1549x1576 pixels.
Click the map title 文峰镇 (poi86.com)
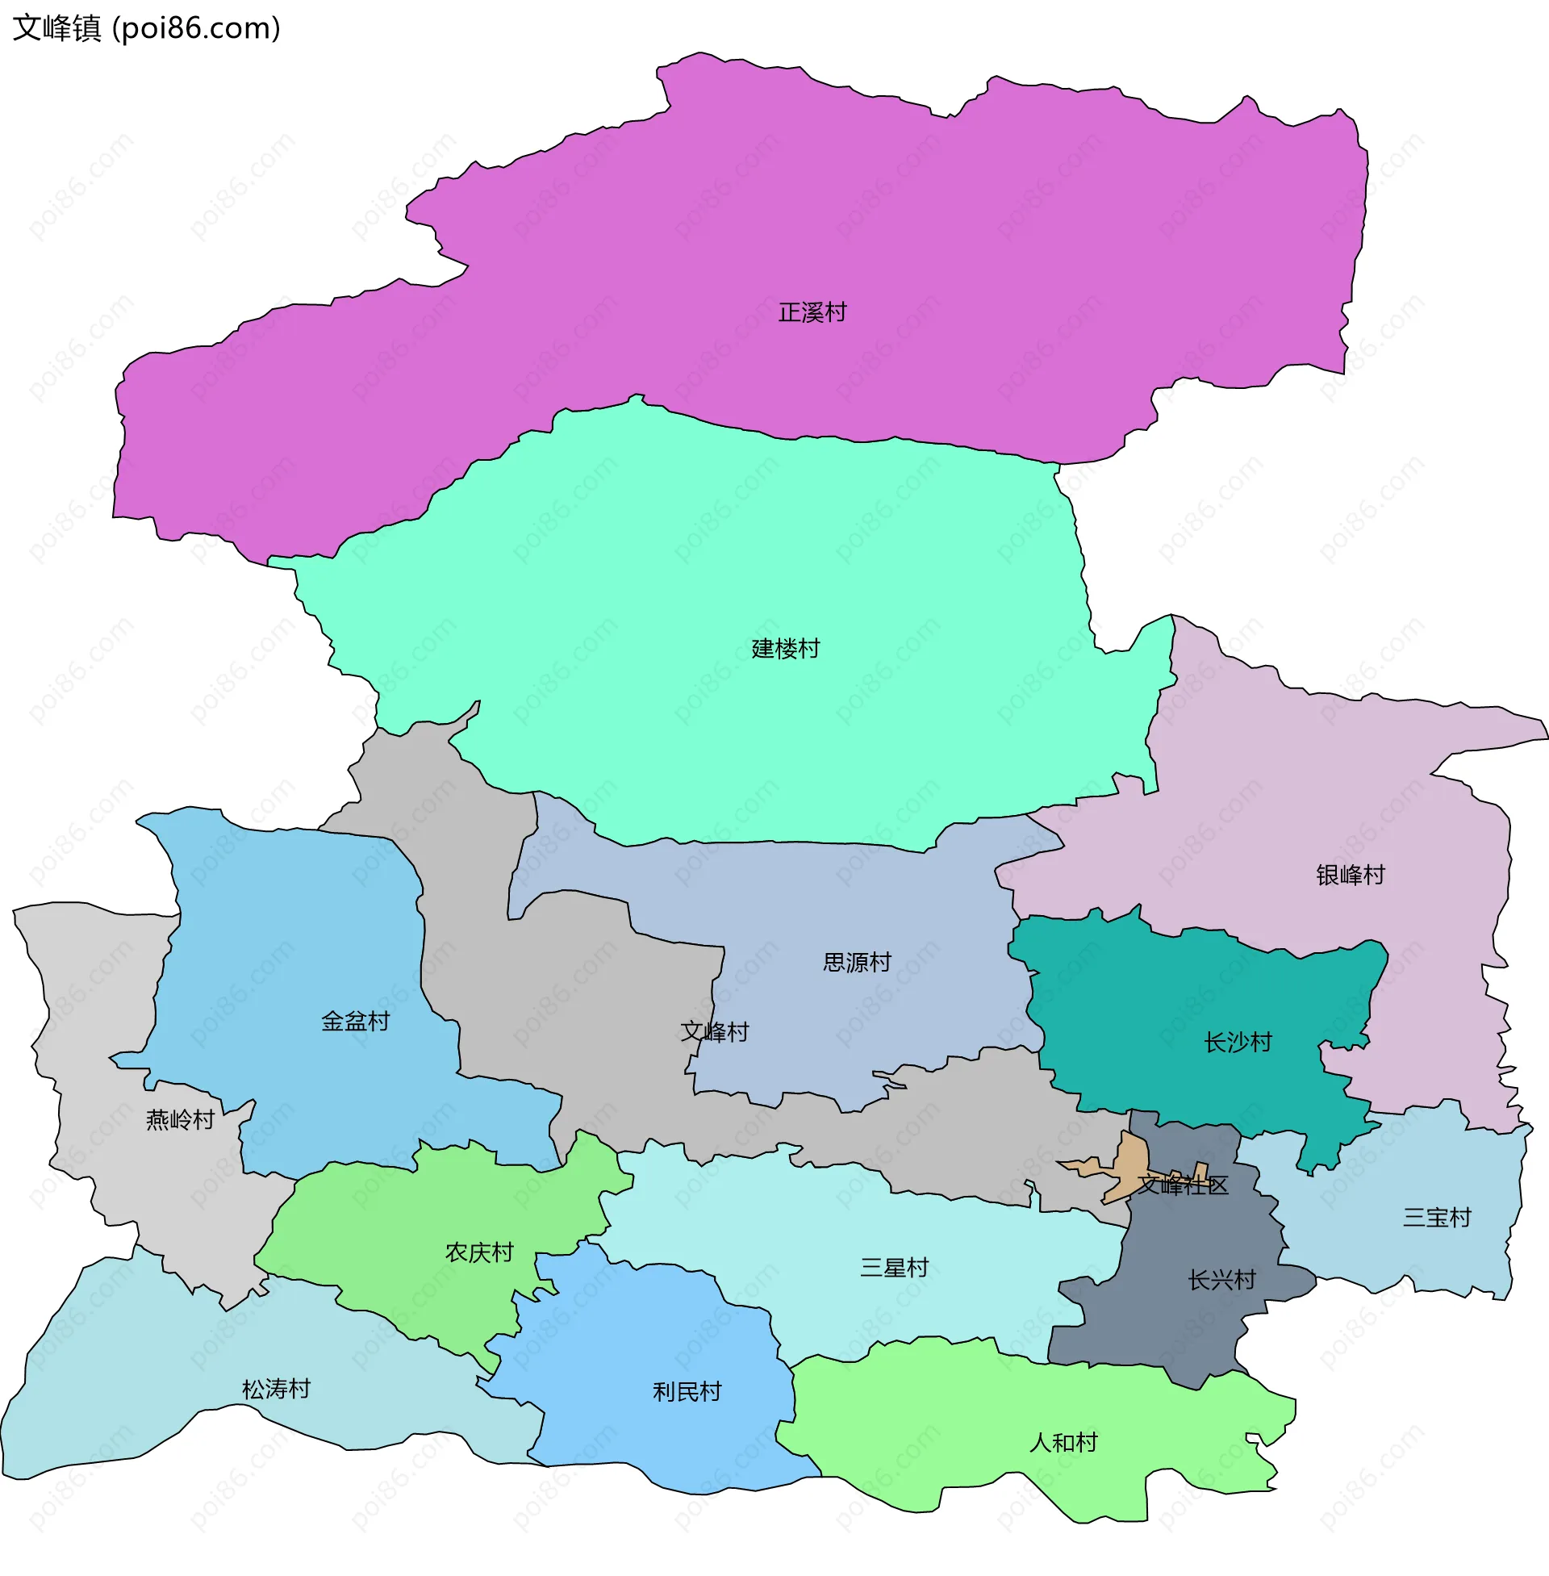(x=147, y=28)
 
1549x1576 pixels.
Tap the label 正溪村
(x=812, y=312)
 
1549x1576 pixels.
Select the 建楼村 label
(x=785, y=649)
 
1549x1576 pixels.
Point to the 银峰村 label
(x=1350, y=875)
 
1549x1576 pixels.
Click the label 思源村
(x=857, y=963)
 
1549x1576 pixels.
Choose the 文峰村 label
(x=714, y=1031)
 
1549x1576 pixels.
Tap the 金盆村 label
(x=356, y=1021)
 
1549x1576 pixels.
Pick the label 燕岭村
(x=180, y=1120)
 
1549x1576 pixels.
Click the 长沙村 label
(x=1238, y=1043)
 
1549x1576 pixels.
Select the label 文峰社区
(x=1182, y=1185)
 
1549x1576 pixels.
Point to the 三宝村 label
(x=1437, y=1217)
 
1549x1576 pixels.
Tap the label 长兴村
(x=1221, y=1280)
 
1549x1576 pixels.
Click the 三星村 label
(x=894, y=1268)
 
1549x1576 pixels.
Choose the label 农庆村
(x=479, y=1252)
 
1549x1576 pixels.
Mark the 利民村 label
(x=687, y=1392)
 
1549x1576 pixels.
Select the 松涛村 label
(x=276, y=1389)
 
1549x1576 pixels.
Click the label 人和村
(x=1063, y=1443)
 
